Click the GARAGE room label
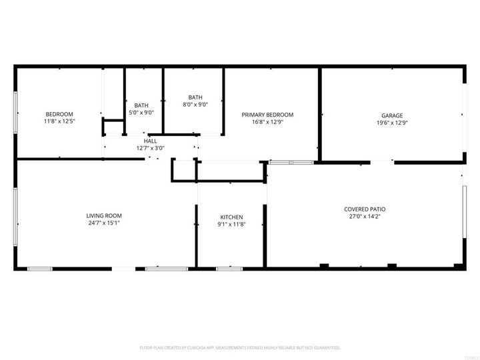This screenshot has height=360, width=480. (x=393, y=115)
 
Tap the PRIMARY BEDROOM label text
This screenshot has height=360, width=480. (x=267, y=115)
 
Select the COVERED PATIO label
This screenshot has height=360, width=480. (x=365, y=209)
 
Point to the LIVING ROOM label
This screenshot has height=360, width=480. (x=104, y=215)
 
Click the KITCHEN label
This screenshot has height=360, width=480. (x=231, y=217)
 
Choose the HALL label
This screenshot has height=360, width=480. (x=151, y=141)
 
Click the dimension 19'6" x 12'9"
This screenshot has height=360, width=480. (x=393, y=122)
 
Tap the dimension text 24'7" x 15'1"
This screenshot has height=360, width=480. (x=104, y=223)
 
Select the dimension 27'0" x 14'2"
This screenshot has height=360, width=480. (x=365, y=216)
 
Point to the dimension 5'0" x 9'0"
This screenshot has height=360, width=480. (x=141, y=113)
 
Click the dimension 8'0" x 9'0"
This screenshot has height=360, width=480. (x=195, y=104)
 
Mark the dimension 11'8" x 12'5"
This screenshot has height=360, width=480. (x=59, y=121)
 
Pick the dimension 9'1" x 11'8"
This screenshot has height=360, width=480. (x=231, y=224)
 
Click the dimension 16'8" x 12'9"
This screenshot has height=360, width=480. (x=267, y=122)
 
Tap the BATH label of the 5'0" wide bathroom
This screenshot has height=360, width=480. (x=141, y=105)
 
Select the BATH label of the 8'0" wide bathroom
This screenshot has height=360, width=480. (x=195, y=97)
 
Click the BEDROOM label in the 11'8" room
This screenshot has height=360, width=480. (x=59, y=114)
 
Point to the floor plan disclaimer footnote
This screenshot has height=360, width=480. (x=240, y=347)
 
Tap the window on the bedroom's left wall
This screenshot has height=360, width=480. (x=16, y=111)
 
